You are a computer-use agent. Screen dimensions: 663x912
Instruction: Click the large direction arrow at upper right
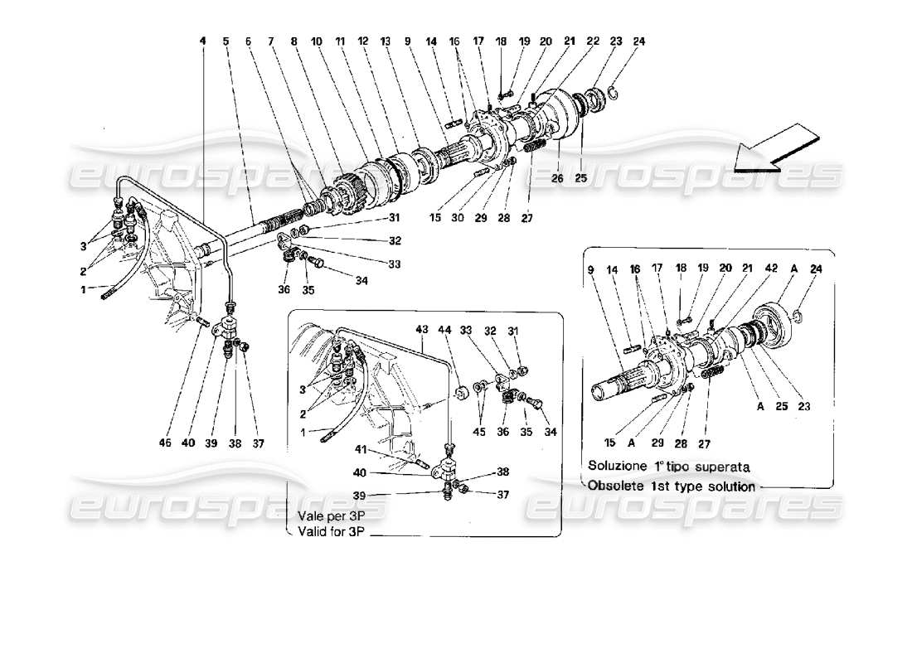(x=776, y=149)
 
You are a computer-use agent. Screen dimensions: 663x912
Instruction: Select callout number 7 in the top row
(x=269, y=41)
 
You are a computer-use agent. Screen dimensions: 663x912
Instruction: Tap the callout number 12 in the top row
(x=363, y=41)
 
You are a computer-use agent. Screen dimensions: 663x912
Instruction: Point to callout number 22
(x=594, y=41)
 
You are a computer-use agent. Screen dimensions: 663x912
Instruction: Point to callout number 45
(x=479, y=432)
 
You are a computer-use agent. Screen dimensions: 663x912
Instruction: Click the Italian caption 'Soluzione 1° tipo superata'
(x=669, y=467)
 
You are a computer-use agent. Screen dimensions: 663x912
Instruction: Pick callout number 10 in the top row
(x=317, y=41)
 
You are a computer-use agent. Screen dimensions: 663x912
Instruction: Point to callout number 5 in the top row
(x=225, y=41)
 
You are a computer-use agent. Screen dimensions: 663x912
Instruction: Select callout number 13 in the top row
(x=386, y=41)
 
